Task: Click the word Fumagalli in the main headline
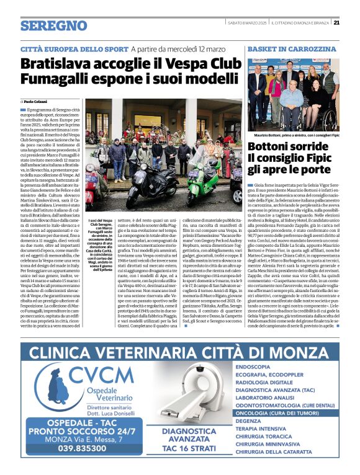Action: coord(64,79)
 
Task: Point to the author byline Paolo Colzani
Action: coord(38,100)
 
